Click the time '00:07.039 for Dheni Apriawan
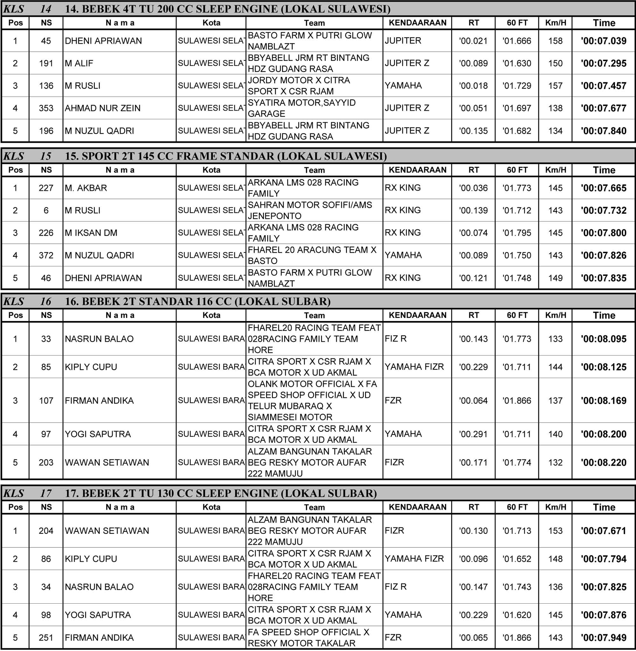[603, 41]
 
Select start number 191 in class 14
[46, 63]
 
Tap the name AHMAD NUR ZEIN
[102, 108]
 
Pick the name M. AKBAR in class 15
[86, 188]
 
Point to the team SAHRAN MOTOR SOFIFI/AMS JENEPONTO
[310, 210]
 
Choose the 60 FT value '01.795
[516, 233]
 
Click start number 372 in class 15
[46, 255]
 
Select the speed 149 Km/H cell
[555, 278]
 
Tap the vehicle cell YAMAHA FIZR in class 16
[414, 367]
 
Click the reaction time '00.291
[473, 434]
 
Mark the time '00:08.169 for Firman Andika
[603, 400]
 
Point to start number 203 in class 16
[46, 463]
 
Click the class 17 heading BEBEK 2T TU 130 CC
[221, 493]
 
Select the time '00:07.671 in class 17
[603, 531]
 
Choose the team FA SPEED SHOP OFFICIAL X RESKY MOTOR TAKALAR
[308, 638]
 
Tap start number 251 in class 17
[46, 638]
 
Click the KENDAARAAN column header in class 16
[417, 315]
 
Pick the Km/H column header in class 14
[556, 23]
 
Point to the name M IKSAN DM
[91, 233]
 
